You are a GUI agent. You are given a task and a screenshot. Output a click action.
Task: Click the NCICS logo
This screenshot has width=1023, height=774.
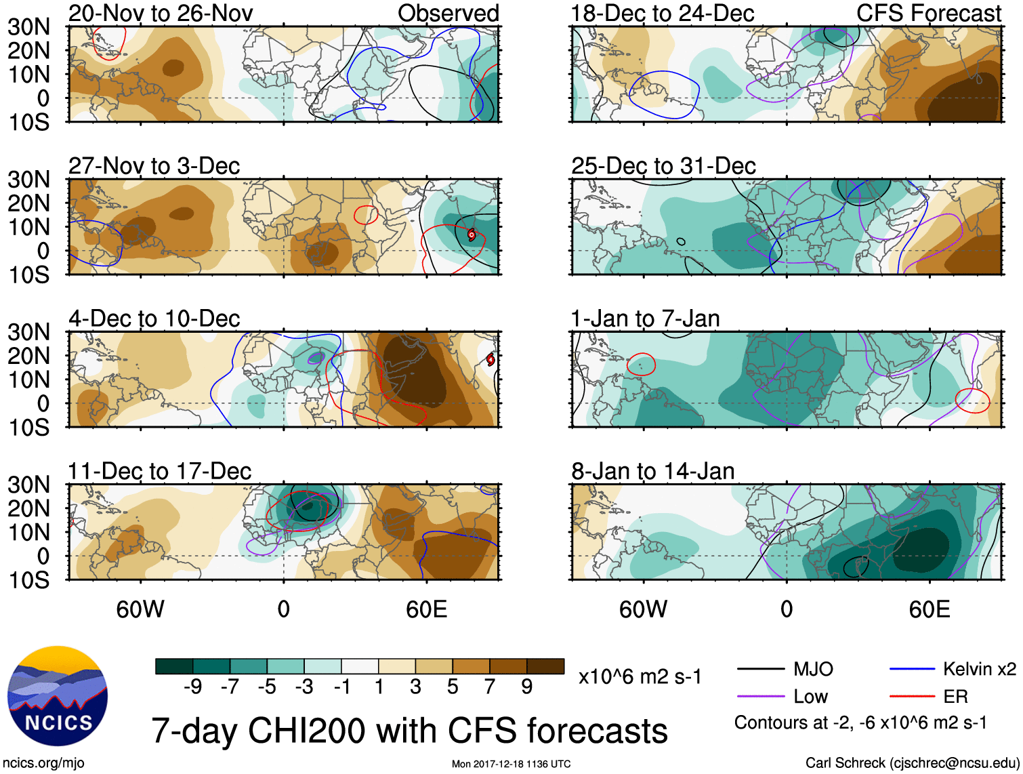pyautogui.click(x=58, y=696)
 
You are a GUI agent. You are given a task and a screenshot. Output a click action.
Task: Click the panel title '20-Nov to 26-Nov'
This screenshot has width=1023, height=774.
pyautogui.click(x=161, y=13)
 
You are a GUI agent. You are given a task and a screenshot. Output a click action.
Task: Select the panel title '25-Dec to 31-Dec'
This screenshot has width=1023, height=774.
pyautogui.click(x=663, y=166)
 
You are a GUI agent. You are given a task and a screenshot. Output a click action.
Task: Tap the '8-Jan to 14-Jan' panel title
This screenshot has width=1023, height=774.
pyautogui.click(x=653, y=471)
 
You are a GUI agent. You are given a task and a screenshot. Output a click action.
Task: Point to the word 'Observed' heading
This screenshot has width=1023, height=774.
pyautogui.click(x=448, y=13)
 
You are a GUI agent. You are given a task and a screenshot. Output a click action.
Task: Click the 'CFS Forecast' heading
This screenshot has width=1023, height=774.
pyautogui.click(x=929, y=13)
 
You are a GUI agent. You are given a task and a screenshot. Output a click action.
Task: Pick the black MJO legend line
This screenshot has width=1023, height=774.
pyautogui.click(x=761, y=670)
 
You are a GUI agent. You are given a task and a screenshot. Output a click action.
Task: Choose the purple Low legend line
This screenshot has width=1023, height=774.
pyautogui.click(x=761, y=696)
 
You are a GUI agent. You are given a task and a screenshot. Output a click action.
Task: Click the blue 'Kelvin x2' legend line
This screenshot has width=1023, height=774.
pyautogui.click(x=912, y=670)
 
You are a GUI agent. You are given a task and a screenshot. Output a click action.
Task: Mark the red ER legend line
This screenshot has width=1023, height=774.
pyautogui.click(x=912, y=696)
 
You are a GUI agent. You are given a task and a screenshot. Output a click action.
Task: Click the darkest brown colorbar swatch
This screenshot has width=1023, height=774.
pyautogui.click(x=545, y=666)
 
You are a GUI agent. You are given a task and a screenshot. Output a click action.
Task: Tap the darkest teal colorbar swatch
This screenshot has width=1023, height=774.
pyautogui.click(x=174, y=666)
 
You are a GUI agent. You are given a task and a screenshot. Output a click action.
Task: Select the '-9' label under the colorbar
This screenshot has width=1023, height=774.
pyautogui.click(x=192, y=687)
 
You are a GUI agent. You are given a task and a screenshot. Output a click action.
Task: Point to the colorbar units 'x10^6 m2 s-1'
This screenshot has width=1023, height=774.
pyautogui.click(x=640, y=676)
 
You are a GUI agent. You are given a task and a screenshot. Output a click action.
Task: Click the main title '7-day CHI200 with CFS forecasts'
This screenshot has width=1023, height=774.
pyautogui.click(x=409, y=731)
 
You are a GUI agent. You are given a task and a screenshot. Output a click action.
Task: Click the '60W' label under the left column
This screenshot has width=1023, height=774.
pyautogui.click(x=140, y=609)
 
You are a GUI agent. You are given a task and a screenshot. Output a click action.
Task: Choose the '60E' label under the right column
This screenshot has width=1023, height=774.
pyautogui.click(x=930, y=609)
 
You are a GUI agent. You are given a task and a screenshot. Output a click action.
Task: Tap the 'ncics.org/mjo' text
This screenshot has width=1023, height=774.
pyautogui.click(x=44, y=763)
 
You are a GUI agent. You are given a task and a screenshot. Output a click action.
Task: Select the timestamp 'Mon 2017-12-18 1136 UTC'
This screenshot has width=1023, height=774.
pyautogui.click(x=511, y=764)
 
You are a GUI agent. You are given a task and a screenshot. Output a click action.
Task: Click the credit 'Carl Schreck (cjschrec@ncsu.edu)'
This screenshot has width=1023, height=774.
pyautogui.click(x=912, y=763)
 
